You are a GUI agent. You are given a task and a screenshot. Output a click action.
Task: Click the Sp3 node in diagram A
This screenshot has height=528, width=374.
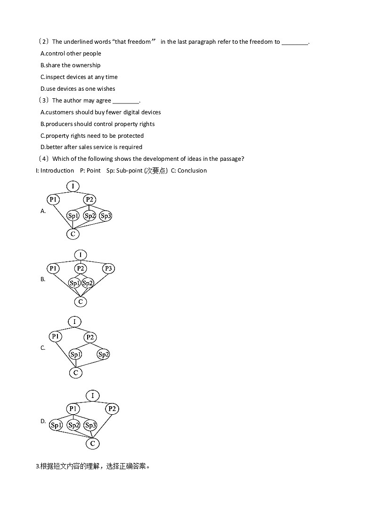pos(106,216)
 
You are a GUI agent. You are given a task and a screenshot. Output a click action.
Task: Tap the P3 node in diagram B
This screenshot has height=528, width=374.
pos(108,268)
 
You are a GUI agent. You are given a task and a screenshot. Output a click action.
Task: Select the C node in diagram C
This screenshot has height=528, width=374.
pos(75,373)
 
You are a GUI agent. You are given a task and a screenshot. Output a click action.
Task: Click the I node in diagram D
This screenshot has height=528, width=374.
pos(92,395)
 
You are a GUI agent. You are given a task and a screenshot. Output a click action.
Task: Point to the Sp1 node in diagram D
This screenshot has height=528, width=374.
pos(56,426)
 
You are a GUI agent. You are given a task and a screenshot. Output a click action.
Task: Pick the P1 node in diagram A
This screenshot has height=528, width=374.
pos(53,199)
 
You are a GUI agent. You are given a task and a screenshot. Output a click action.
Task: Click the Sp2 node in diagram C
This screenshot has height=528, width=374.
pos(103,355)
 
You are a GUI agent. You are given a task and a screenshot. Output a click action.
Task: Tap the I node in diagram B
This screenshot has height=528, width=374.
pos(80,255)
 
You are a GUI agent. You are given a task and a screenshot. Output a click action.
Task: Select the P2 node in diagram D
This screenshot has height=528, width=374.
pos(112,409)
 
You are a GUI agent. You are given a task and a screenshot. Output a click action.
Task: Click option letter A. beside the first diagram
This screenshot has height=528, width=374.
pos(43,211)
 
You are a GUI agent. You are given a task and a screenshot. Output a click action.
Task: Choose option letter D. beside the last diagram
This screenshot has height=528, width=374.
pos(43,421)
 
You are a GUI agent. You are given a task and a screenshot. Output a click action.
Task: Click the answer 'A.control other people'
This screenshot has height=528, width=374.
pos(71,54)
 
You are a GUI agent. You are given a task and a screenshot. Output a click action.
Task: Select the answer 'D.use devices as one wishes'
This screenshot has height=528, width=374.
pos(78,89)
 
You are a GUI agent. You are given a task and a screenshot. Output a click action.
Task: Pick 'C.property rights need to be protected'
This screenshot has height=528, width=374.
pos(92,136)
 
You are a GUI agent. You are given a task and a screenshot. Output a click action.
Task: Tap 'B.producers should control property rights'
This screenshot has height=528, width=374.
pos(98,124)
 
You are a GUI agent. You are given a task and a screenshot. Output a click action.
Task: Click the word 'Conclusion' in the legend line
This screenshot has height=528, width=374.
pos(192,171)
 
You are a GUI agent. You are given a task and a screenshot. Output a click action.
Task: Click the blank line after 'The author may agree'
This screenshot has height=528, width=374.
pos(126,101)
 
